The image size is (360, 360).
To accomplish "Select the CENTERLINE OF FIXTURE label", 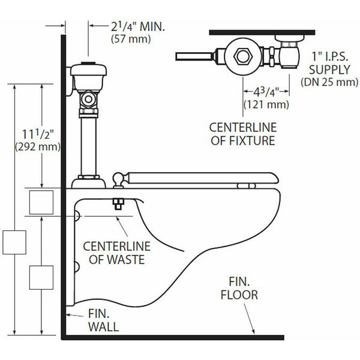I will coord(242,134).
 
